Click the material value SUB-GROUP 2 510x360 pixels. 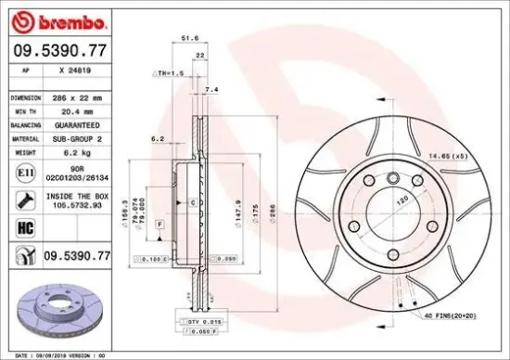(83, 136)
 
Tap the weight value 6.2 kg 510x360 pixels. (75, 149)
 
